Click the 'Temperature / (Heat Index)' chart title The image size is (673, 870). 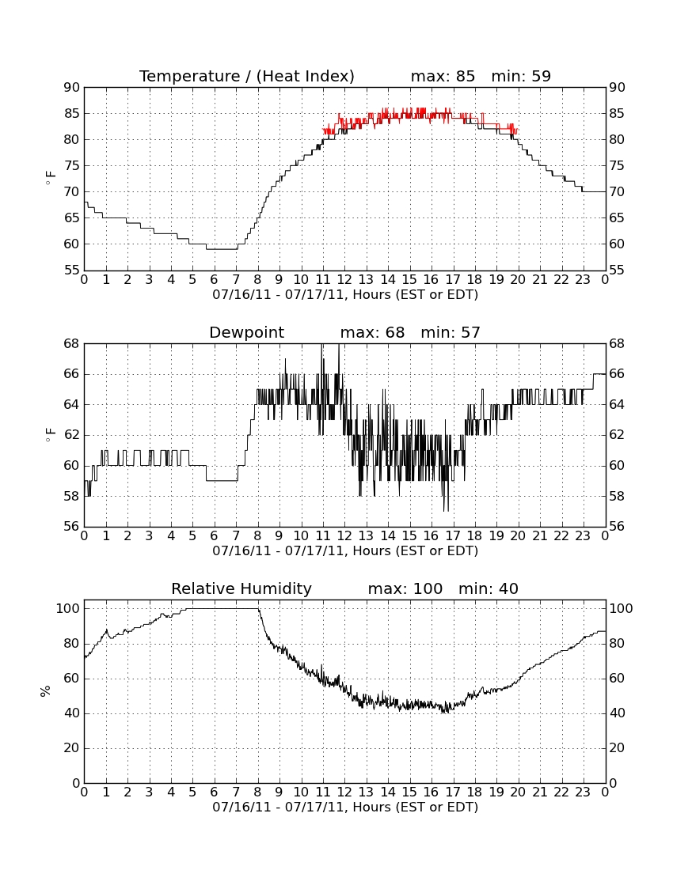(x=246, y=76)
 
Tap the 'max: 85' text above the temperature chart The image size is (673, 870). (x=443, y=76)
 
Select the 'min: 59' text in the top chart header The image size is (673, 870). (x=521, y=76)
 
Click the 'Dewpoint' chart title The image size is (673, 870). (x=246, y=332)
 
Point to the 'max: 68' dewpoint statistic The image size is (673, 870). (x=372, y=332)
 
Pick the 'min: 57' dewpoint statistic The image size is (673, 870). (x=451, y=332)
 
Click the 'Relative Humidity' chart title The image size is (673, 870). (x=241, y=588)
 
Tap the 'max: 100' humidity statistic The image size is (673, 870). (x=405, y=588)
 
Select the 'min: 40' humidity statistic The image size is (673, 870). (x=488, y=588)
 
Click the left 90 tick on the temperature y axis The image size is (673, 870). (x=72, y=88)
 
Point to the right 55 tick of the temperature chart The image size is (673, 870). (x=617, y=270)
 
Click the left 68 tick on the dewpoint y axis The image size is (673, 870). (x=72, y=344)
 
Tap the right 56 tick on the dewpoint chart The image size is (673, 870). (x=617, y=527)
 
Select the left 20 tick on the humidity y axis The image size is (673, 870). (x=72, y=748)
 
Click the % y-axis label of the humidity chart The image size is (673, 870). (x=46, y=690)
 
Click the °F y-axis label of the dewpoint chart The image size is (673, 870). (x=50, y=435)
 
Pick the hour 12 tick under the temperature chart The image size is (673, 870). (x=344, y=280)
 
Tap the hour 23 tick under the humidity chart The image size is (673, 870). (x=583, y=792)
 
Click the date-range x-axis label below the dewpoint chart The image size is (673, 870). (x=345, y=551)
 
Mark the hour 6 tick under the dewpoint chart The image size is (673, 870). (x=215, y=536)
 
